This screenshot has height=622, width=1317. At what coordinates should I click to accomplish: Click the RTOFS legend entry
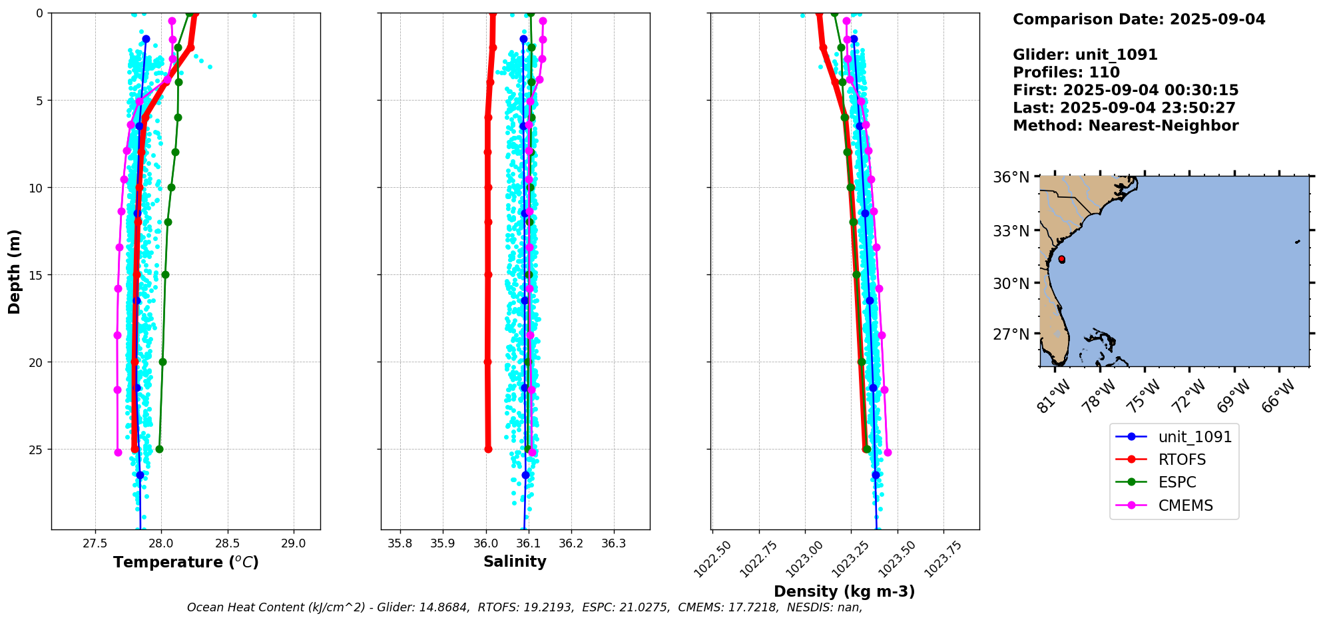point(1182,460)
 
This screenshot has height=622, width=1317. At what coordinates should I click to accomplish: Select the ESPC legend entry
point(1177,482)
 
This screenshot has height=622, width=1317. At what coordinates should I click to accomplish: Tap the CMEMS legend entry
point(1185,505)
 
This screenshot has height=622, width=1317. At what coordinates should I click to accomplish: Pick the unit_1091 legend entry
point(1194,437)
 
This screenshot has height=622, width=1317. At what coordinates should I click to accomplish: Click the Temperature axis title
point(186,562)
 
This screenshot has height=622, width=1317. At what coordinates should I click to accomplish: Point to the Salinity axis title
point(515,561)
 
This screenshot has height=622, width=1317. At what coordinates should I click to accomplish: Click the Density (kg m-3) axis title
point(844,591)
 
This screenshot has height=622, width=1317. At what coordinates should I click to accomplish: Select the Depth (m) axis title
point(14,272)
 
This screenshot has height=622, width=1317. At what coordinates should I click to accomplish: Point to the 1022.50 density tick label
point(712,559)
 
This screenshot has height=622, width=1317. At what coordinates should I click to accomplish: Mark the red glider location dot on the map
point(1061,259)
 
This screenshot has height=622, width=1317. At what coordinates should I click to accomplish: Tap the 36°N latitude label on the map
point(1011,177)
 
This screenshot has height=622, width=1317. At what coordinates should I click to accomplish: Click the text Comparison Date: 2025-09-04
point(1139,19)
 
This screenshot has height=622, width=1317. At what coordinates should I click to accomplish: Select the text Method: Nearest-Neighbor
point(1125,126)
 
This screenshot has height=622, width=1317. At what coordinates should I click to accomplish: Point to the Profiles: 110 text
point(1066,73)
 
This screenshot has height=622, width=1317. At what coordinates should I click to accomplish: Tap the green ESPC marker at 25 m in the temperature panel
point(159,449)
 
